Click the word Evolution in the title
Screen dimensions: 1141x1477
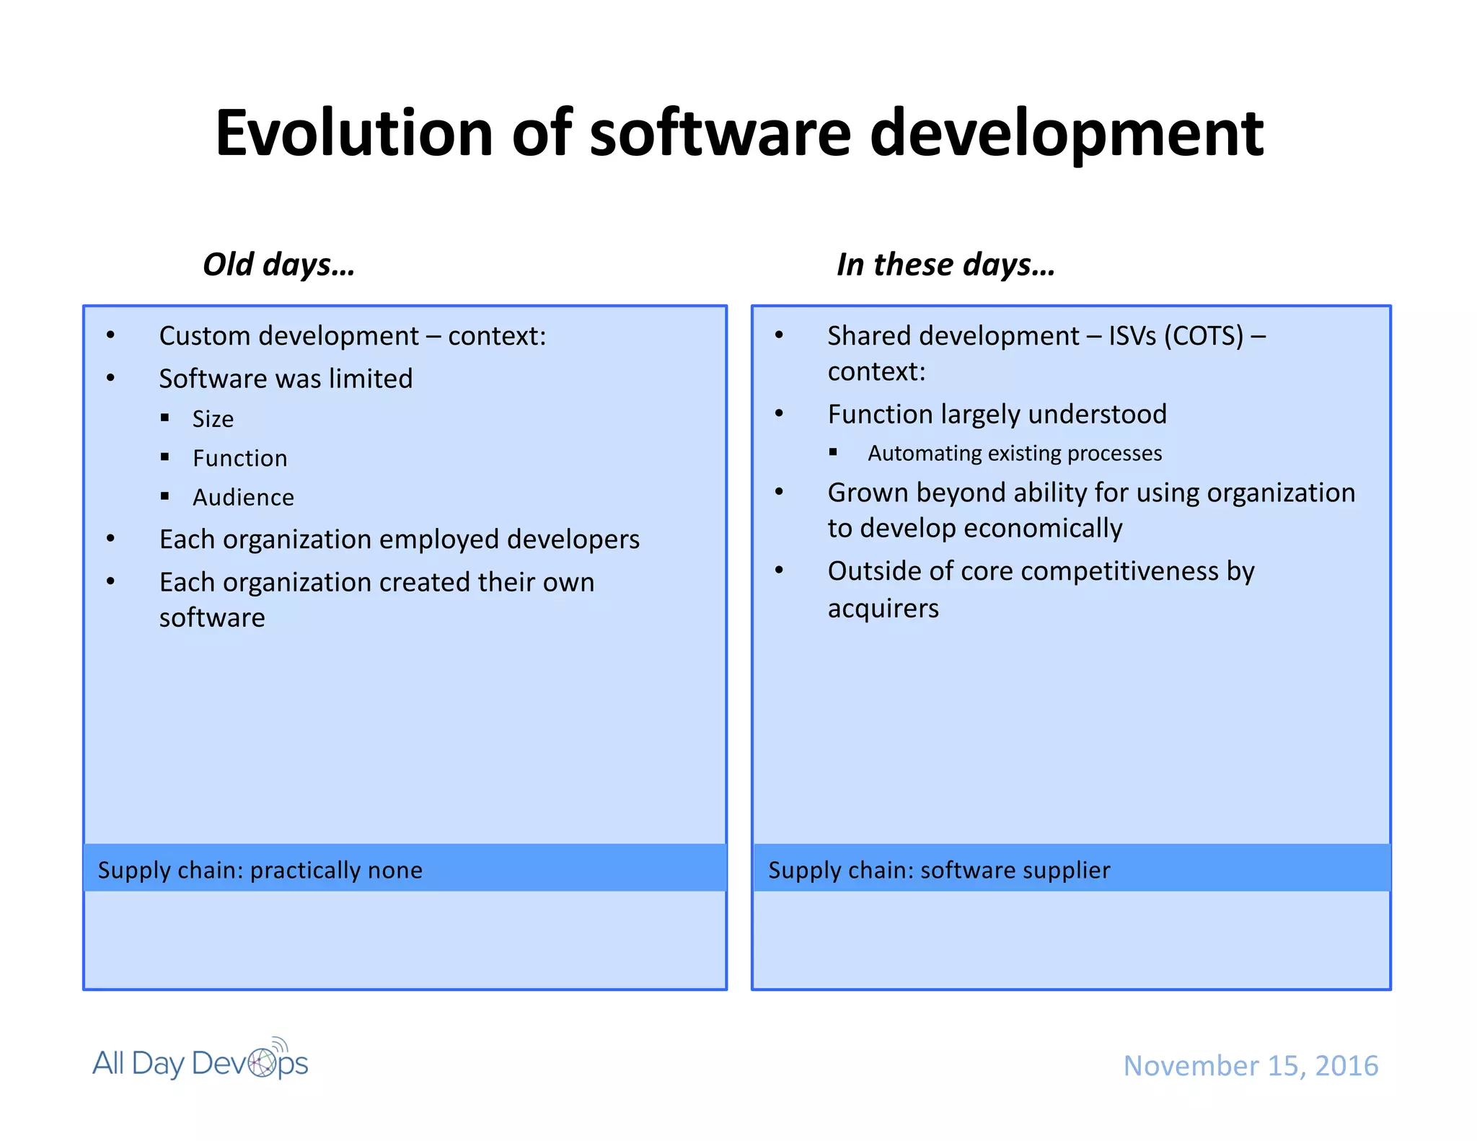(x=354, y=133)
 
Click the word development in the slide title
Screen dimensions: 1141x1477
(x=1066, y=133)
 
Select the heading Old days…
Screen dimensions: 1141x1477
(x=278, y=265)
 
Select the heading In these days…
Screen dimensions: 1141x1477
(x=945, y=265)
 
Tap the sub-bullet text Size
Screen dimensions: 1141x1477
(x=213, y=419)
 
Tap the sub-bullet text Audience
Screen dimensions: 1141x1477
(x=243, y=498)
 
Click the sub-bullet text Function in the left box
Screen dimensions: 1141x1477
(x=239, y=459)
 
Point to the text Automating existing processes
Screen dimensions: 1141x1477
(x=1014, y=454)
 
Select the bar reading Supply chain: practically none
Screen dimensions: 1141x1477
(x=405, y=869)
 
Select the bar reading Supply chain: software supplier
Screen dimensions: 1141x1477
(x=1071, y=869)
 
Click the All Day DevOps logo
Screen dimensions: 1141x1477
(x=200, y=1062)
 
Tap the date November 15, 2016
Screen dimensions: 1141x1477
(x=1251, y=1065)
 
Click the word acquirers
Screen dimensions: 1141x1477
(x=883, y=609)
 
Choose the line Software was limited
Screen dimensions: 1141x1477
(x=286, y=379)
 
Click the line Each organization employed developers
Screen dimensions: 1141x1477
(x=399, y=539)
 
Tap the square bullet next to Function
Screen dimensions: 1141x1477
(x=165, y=457)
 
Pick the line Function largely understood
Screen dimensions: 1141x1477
(x=997, y=415)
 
